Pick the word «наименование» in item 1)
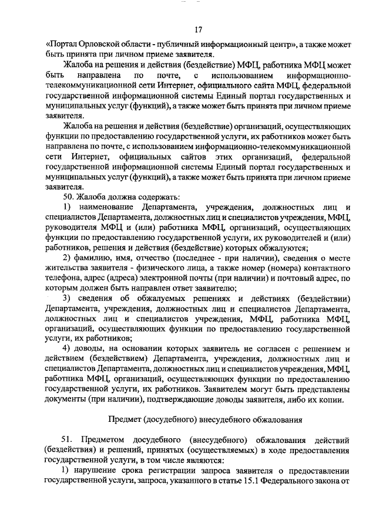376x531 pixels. click(x=103, y=208)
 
